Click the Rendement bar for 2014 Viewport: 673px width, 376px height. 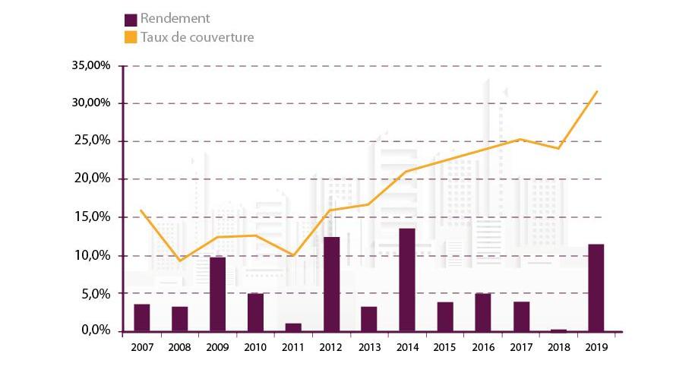pyautogui.click(x=407, y=280)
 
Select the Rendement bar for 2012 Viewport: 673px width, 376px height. pyautogui.click(x=331, y=284)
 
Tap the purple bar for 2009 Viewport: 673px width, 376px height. pyautogui.click(x=217, y=294)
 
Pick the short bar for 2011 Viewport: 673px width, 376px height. pyautogui.click(x=293, y=327)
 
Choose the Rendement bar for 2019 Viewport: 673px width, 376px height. pyautogui.click(x=596, y=288)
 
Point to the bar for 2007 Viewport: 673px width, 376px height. pyautogui.click(x=141, y=318)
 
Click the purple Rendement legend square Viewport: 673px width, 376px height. pyautogui.click(x=131, y=19)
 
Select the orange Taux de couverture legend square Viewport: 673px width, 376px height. pyautogui.click(x=131, y=36)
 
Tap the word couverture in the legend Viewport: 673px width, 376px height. pyautogui.click(x=220, y=36)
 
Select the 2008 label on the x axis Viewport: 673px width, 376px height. pyautogui.click(x=179, y=346)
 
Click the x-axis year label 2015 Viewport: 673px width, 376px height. pyautogui.click(x=445, y=346)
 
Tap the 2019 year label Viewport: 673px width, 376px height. pyautogui.click(x=596, y=346)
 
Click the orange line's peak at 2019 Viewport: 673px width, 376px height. pyautogui.click(x=597, y=91)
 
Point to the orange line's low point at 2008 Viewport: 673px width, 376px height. pyautogui.click(x=179, y=261)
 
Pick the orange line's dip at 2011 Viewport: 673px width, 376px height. pyautogui.click(x=293, y=255)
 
